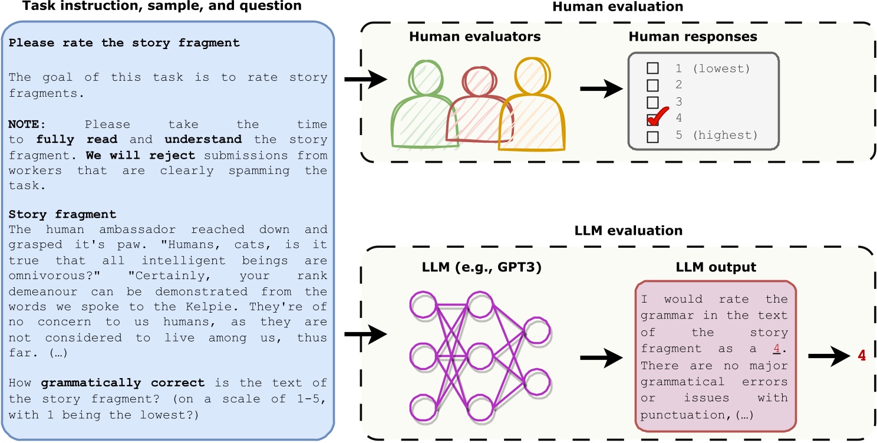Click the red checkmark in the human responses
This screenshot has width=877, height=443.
[x=658, y=117]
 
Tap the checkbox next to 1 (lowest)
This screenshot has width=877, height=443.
[x=653, y=68]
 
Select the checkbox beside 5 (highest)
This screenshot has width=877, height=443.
[x=653, y=136]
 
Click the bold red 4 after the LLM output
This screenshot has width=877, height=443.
[x=862, y=356]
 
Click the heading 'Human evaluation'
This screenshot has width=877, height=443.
[x=618, y=7]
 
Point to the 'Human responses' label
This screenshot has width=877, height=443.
[x=693, y=37]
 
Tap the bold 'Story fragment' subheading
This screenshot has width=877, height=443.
[x=62, y=214]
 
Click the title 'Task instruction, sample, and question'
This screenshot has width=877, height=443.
[x=155, y=6]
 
